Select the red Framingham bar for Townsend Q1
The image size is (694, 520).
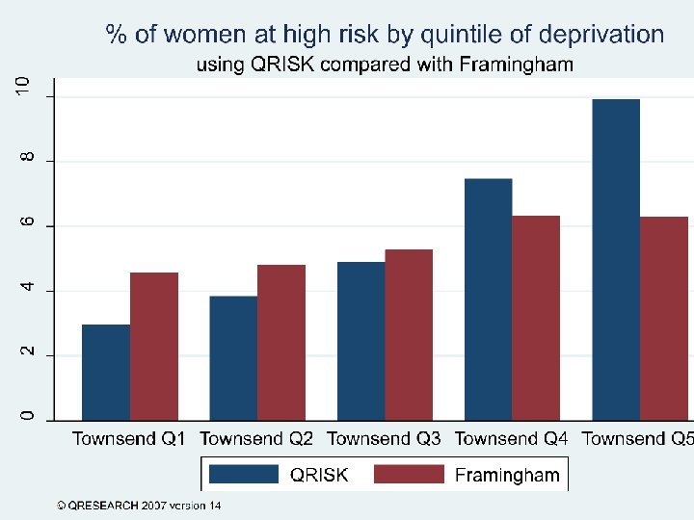[x=154, y=346]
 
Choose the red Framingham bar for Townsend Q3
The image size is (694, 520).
[x=409, y=334]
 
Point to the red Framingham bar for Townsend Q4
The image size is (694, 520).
[x=536, y=318]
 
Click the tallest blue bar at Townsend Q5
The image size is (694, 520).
[x=615, y=259]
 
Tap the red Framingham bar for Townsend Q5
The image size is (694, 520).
[x=663, y=318]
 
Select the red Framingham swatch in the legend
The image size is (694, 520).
[x=408, y=474]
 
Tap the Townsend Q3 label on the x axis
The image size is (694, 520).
[x=384, y=439]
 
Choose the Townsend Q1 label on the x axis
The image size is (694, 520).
[x=129, y=439]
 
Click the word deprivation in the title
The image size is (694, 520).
[x=601, y=35]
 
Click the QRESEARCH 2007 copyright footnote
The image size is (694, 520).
[x=139, y=505]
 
